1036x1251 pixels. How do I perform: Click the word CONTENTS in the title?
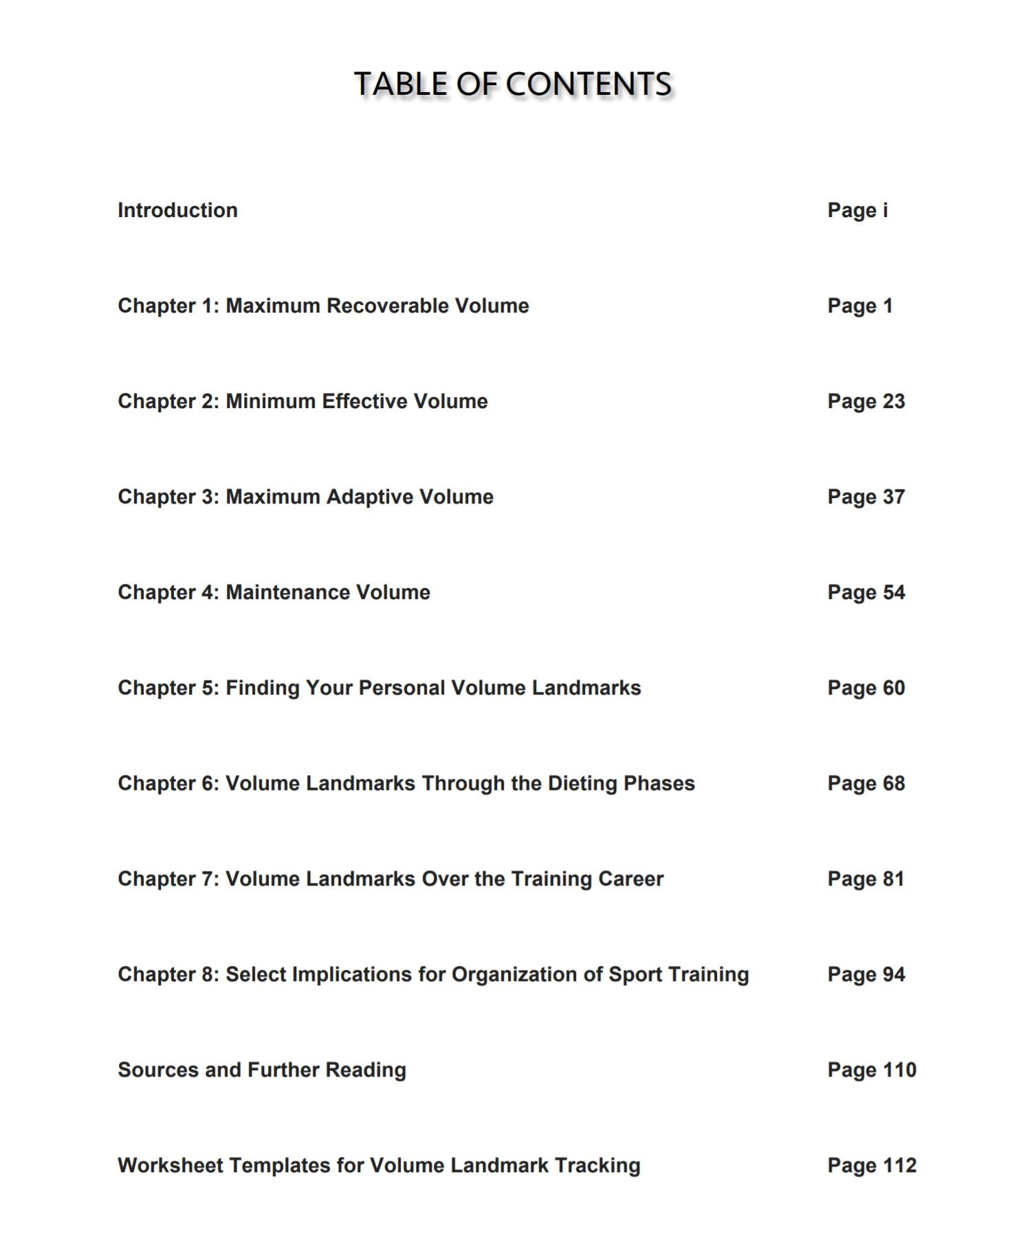(x=588, y=84)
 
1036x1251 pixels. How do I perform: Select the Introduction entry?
(x=177, y=210)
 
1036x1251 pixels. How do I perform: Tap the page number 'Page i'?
(x=857, y=210)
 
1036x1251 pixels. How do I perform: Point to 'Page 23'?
(x=866, y=401)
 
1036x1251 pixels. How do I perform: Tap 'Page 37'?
(x=866, y=497)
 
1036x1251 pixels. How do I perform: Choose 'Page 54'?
(x=866, y=592)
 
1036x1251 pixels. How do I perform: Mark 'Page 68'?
(x=866, y=783)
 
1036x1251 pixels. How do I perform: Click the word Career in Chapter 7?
(x=630, y=879)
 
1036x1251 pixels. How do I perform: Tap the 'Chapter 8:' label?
(x=168, y=974)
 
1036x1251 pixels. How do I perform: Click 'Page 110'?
(x=872, y=1070)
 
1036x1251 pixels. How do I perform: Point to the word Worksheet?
(x=170, y=1165)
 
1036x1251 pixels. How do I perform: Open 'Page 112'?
(x=872, y=1165)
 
